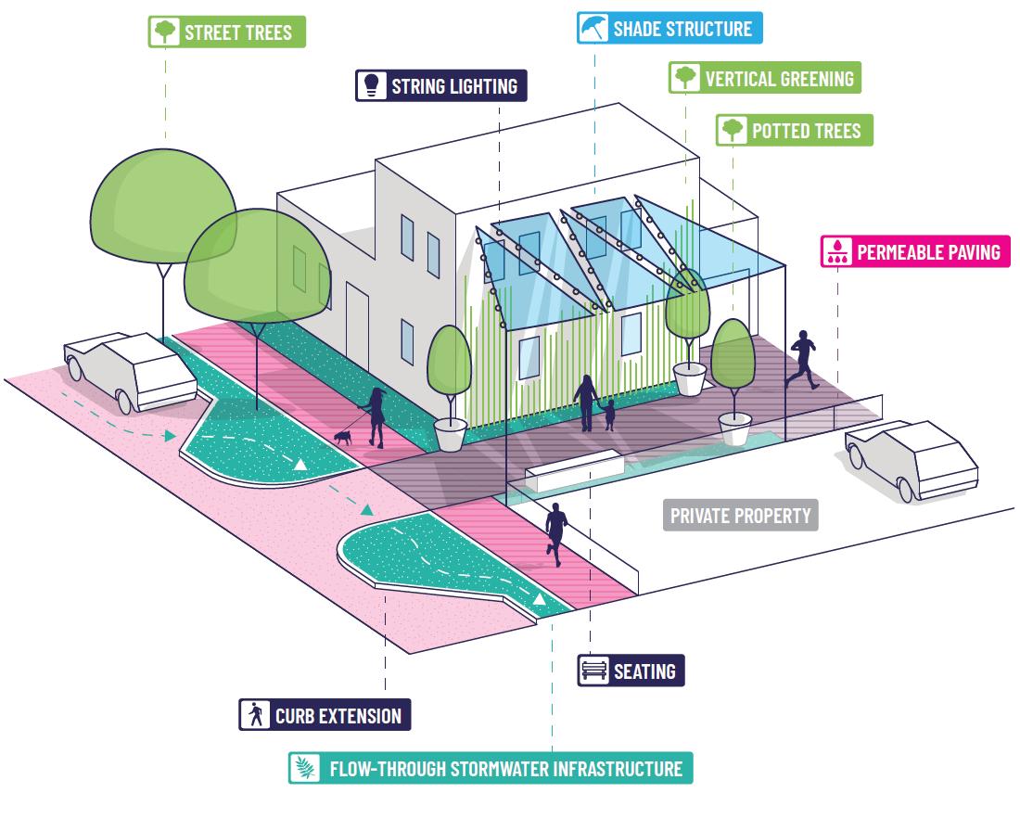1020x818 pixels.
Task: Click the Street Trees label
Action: (226, 32)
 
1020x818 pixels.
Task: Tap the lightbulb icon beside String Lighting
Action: (371, 86)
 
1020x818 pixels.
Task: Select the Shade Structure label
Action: (668, 28)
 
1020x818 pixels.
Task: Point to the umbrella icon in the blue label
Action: (591, 28)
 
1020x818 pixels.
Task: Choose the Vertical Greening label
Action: (765, 78)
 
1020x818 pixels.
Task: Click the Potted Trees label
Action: (794, 130)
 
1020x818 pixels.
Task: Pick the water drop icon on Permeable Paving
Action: (838, 251)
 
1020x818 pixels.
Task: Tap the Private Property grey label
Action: (740, 515)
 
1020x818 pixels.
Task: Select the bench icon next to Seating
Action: (592, 671)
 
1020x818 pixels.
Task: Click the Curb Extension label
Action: (325, 716)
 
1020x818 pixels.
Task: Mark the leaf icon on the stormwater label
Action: (303, 769)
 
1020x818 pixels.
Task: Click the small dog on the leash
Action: (343, 436)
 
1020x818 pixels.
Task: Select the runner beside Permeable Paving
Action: (801, 358)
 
